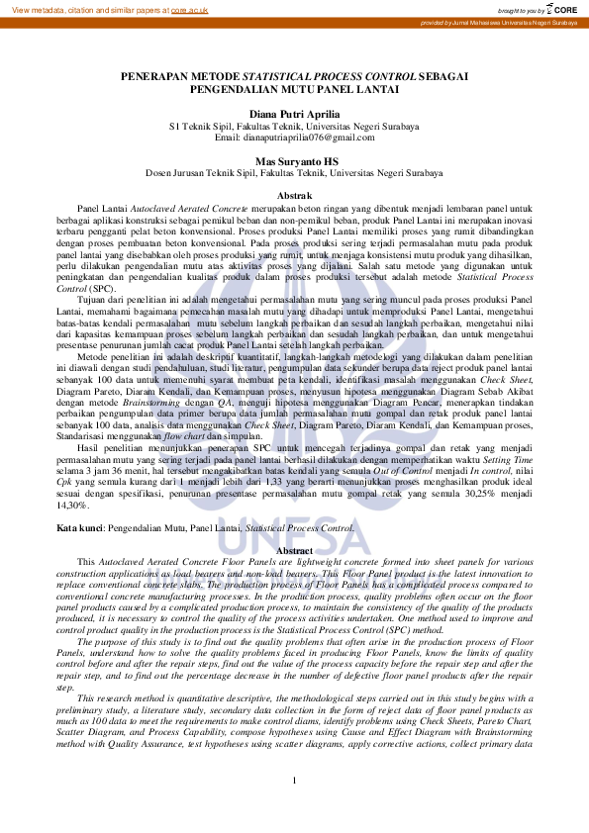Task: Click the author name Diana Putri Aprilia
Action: pos(294,115)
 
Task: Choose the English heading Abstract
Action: pos(294,550)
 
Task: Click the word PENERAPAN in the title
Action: pos(153,76)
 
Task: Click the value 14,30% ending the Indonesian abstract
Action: pos(73,506)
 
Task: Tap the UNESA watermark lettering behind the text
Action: pos(294,539)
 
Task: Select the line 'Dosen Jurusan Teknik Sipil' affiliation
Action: pos(294,171)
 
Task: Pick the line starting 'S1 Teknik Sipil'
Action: pos(294,126)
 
